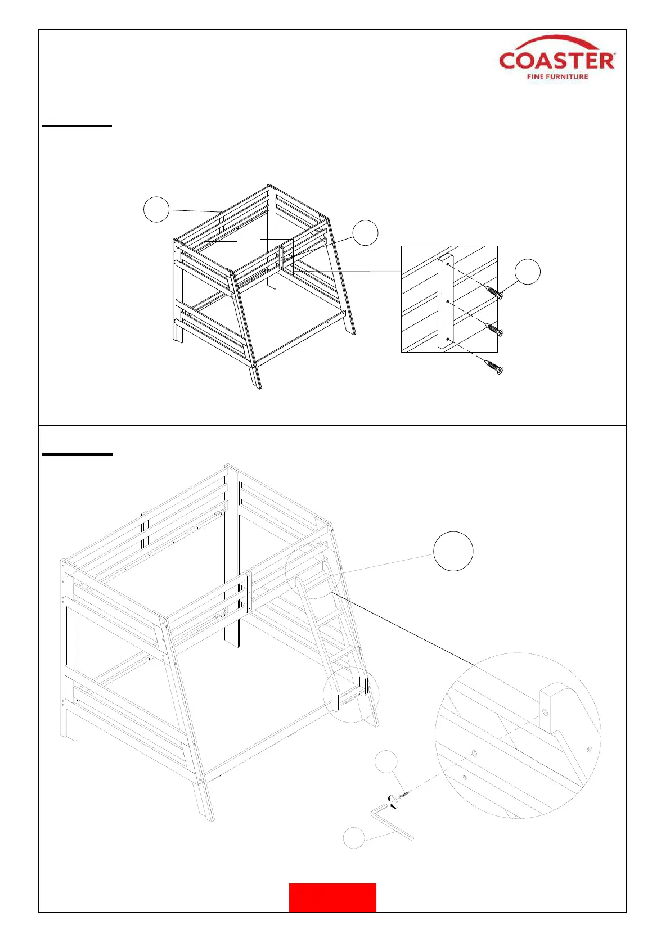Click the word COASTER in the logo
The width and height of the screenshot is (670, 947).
556,61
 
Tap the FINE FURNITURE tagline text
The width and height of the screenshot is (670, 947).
557,77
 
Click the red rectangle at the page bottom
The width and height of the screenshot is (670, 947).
332,898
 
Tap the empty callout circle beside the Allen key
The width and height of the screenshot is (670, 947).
354,838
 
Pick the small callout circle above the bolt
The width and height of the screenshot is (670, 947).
386,761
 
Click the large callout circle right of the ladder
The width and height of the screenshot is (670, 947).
453,551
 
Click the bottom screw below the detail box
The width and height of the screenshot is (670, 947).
494,367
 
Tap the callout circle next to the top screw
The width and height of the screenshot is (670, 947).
528,272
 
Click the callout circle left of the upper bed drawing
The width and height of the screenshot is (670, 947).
156,209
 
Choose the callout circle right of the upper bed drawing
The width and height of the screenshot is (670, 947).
365,233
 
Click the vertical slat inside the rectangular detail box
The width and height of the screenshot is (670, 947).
446,304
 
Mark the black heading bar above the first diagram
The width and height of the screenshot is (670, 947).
77,126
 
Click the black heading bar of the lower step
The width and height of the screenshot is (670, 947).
77,454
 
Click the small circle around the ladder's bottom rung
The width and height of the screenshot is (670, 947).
351,695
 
